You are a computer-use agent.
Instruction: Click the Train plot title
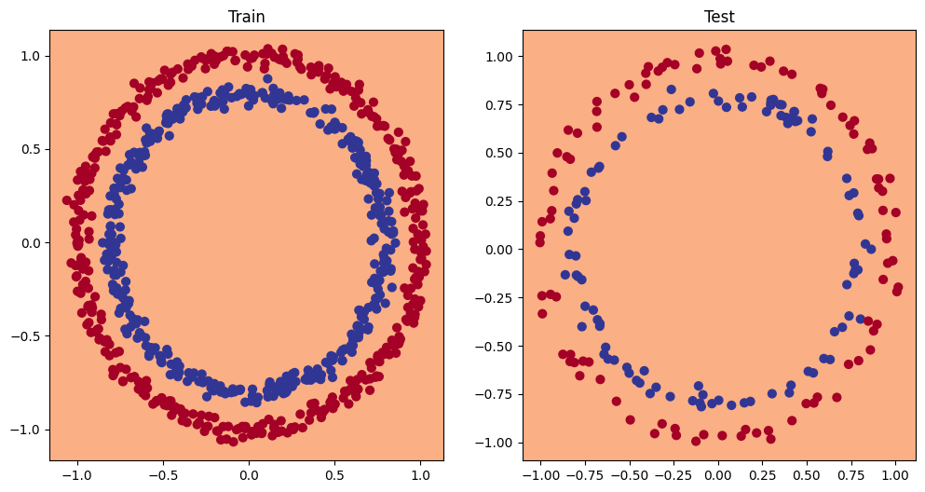(247, 18)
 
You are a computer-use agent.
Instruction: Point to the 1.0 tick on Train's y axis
(30, 56)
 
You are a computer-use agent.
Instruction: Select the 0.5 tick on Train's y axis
(30, 149)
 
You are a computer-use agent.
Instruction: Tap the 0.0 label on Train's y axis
(30, 242)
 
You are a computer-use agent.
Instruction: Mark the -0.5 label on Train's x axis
(162, 473)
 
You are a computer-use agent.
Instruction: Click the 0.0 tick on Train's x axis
(248, 473)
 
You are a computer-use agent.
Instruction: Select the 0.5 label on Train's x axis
(333, 473)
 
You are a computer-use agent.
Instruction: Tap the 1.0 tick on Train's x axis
(419, 473)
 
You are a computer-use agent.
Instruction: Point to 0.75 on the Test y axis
(499, 104)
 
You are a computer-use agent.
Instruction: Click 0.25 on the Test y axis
(499, 201)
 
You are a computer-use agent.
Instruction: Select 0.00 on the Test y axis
(499, 249)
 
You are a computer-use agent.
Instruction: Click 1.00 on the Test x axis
(897, 473)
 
